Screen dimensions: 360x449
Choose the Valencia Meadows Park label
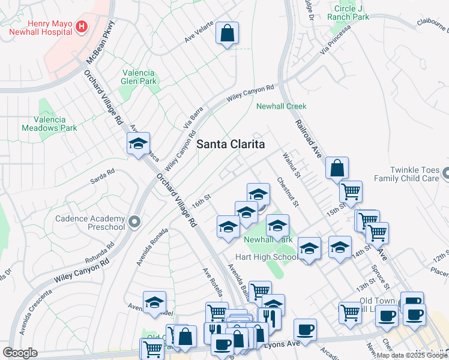click(50, 124)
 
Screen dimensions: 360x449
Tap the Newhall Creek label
click(281, 106)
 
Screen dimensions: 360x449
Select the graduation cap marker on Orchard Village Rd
click(137, 145)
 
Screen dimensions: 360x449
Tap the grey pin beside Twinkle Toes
click(445, 174)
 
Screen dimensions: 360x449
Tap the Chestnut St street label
click(288, 191)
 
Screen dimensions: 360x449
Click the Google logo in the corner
click(20, 353)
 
